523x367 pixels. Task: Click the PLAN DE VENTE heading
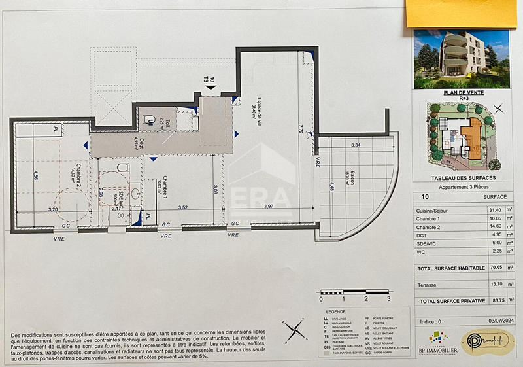(x=462, y=93)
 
